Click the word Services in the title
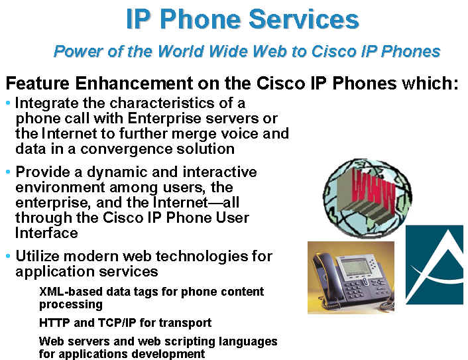pyautogui.click(x=304, y=19)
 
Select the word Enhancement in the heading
pyautogui.click(x=134, y=83)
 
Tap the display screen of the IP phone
pyautogui.click(x=354, y=267)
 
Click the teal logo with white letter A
pyautogui.click(x=434, y=265)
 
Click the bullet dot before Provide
pyautogui.click(x=8, y=172)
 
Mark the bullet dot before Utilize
pyautogui.click(x=8, y=256)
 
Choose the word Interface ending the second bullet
pyautogui.click(x=46, y=233)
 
